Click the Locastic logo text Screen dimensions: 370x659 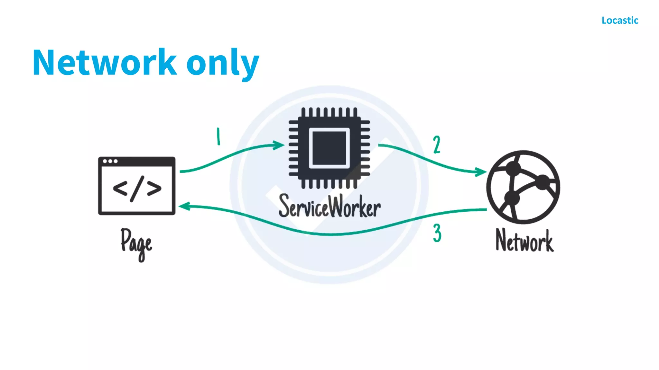pos(620,20)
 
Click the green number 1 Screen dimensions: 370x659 pos(218,137)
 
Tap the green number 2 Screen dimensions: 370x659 pos(437,145)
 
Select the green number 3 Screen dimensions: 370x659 pos(437,233)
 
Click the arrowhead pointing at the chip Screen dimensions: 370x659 pos(279,145)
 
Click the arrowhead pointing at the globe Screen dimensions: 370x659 pos(481,172)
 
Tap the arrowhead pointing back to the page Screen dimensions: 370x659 pos(185,207)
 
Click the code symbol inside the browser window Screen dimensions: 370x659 pos(137,189)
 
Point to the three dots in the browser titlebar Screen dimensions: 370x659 pos(110,161)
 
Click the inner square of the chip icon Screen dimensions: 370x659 pos(329,148)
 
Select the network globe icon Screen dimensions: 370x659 pos(523,187)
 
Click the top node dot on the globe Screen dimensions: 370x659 pos(513,168)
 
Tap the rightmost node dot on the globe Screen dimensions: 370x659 pos(543,182)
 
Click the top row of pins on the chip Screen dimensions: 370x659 pos(329,112)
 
